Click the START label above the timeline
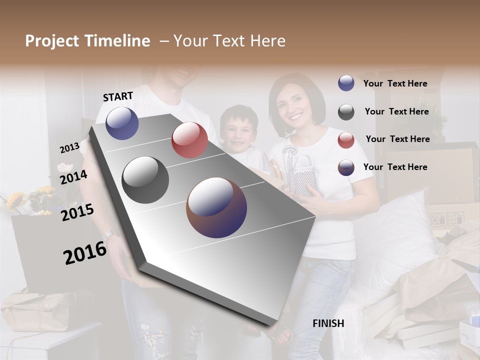click(x=118, y=96)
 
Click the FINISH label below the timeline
click(x=328, y=323)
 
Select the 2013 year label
click(x=69, y=147)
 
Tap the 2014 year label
click(x=73, y=177)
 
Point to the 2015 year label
click(x=77, y=212)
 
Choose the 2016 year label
click(x=85, y=252)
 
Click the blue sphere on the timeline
click(x=122, y=123)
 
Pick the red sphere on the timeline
click(x=189, y=140)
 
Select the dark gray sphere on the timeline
click(x=145, y=180)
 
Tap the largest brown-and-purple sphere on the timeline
click(x=216, y=207)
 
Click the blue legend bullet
click(x=346, y=83)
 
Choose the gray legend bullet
click(x=346, y=112)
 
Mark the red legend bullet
click(x=346, y=140)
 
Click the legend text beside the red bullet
click(x=397, y=139)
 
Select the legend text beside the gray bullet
click(x=396, y=111)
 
